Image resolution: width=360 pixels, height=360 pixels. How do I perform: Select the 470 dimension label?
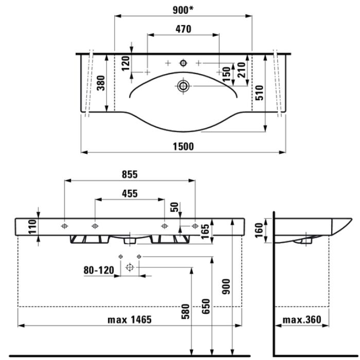click(183, 29)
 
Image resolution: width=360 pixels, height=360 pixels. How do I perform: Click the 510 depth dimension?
click(260, 93)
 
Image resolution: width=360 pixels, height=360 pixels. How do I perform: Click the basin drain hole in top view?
click(183, 85)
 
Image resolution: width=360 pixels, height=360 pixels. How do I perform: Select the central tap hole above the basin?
click(183, 63)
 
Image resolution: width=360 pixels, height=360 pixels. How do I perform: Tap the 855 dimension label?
click(130, 175)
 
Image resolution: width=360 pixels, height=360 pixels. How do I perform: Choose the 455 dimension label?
click(130, 194)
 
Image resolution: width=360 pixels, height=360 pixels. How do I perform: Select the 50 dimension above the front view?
click(175, 207)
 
